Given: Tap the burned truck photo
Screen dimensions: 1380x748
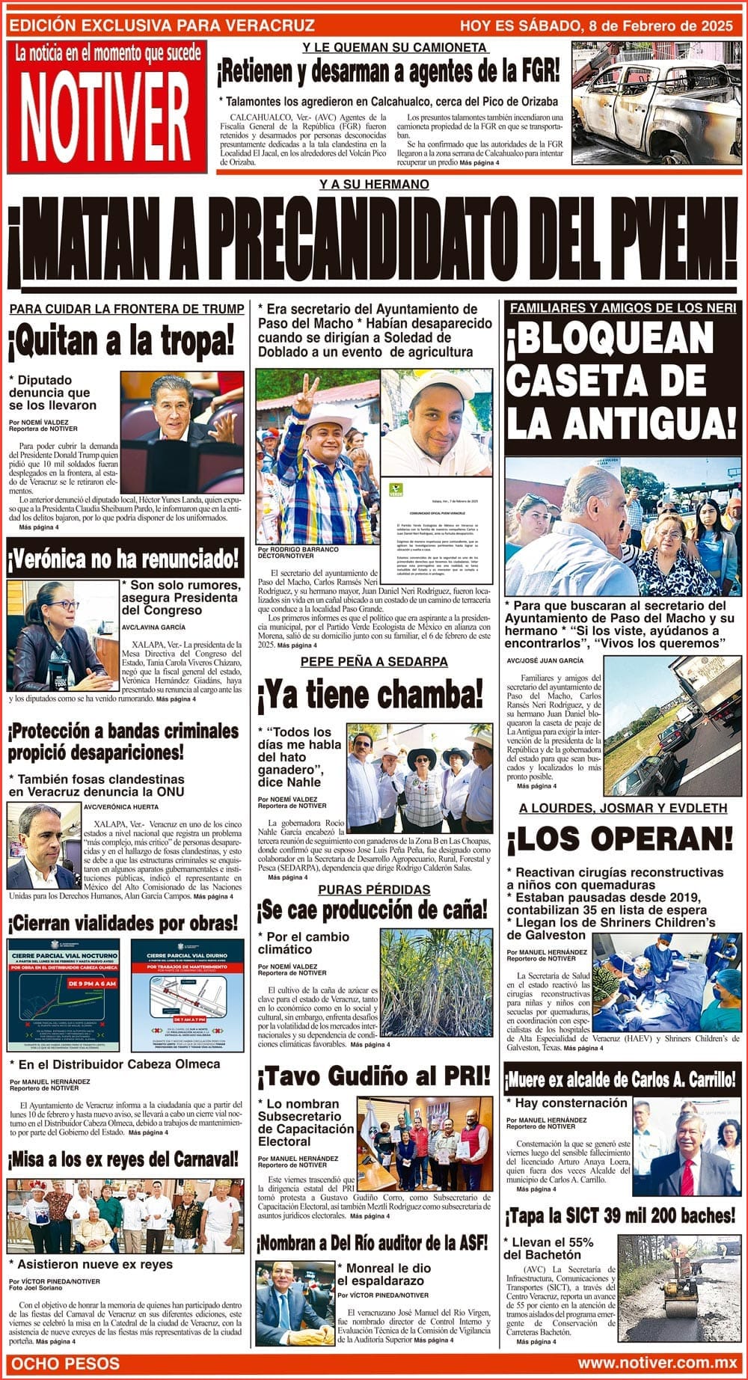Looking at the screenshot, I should (656, 102).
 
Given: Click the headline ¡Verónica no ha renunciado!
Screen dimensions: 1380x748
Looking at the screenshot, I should (124, 558).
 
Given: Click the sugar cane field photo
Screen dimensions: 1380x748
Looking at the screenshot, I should (437, 982).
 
